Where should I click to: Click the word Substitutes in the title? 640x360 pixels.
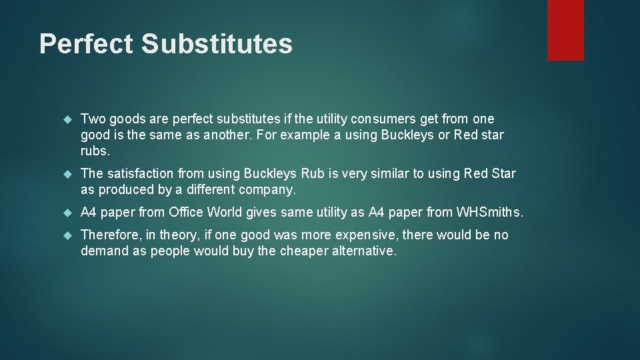[217, 44]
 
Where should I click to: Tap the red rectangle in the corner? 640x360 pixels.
[565, 30]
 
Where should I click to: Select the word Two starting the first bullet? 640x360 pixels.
[93, 119]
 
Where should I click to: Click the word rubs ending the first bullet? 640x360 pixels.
[95, 151]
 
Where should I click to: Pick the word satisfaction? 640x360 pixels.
[139, 174]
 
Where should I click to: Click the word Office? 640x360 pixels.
[187, 213]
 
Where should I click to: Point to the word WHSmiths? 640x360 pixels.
[489, 213]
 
